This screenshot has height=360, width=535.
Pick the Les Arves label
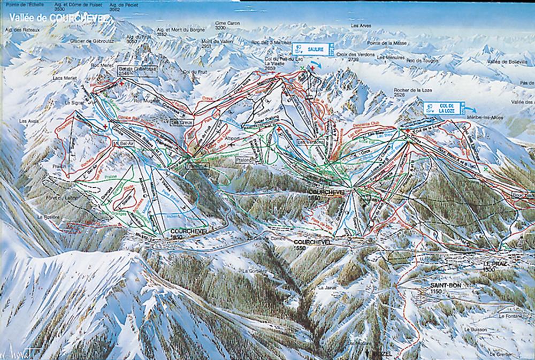361,25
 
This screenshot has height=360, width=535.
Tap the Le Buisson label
476,330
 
